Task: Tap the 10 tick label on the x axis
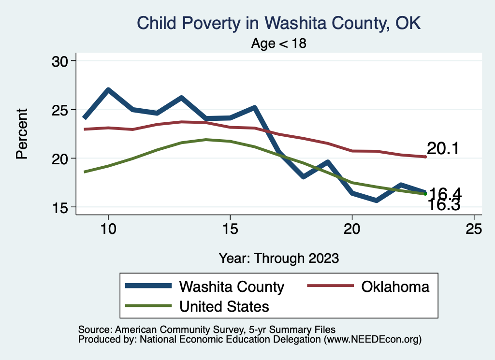tap(108, 229)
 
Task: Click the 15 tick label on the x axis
tap(230, 229)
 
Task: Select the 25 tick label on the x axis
tap(474, 229)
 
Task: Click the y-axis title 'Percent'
tap(22, 134)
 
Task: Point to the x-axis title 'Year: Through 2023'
tap(279, 258)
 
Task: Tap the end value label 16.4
tap(445, 194)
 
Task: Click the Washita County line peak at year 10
tap(108, 90)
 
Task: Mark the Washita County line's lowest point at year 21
tap(376, 200)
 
